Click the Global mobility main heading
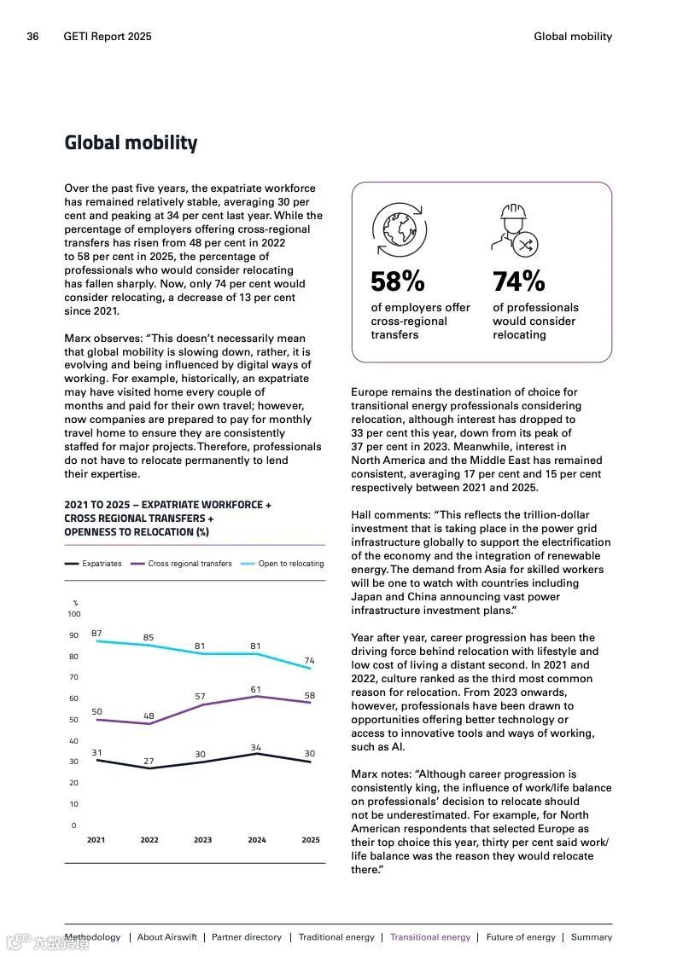[131, 143]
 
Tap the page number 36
[33, 37]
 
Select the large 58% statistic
[397, 281]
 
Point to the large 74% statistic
[518, 281]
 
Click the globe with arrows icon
[399, 229]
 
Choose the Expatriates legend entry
[93, 564]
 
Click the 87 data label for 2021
[96, 634]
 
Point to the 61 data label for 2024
[256, 689]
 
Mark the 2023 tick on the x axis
[202, 840]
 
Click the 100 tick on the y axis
[74, 614]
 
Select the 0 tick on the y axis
[73, 826]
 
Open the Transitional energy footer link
[430, 937]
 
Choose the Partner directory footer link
[247, 937]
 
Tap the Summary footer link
[592, 937]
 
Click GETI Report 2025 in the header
[108, 37]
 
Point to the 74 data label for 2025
[309, 661]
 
